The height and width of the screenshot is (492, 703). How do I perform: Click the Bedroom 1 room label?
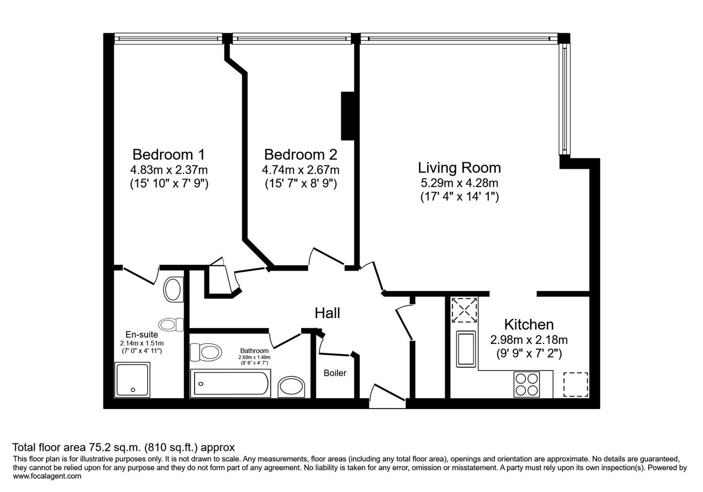(x=169, y=154)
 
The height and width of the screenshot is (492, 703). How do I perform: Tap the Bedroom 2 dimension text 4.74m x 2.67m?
(x=301, y=170)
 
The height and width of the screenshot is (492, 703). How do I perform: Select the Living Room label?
(x=459, y=168)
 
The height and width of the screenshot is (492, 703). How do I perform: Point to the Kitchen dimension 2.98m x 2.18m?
(x=529, y=340)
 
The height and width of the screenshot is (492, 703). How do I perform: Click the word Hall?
(x=327, y=313)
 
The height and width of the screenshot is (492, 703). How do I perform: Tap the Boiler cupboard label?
(x=335, y=373)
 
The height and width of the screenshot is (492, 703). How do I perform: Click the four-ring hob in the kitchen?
(x=527, y=384)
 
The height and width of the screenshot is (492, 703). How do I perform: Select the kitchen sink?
(x=466, y=349)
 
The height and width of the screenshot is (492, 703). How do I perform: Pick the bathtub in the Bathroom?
(x=231, y=383)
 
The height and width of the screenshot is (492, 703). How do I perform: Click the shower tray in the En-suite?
(x=132, y=380)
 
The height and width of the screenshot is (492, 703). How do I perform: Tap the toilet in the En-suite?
(x=171, y=324)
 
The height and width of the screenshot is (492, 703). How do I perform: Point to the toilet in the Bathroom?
(x=206, y=352)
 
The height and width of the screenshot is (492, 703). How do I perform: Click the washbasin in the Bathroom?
(x=292, y=387)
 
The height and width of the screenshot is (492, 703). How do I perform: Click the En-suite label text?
(x=141, y=334)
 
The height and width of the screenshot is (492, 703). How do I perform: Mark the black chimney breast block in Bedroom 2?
(x=347, y=116)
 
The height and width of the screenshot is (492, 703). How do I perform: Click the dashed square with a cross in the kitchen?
(x=464, y=310)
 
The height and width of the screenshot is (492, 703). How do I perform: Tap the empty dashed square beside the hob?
(x=575, y=384)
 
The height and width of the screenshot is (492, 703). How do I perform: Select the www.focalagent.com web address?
(x=47, y=476)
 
